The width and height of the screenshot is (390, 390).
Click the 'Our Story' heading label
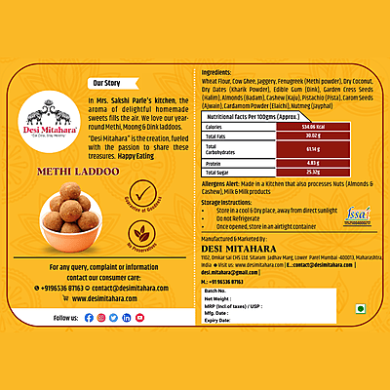pyautogui.click(x=107, y=83)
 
